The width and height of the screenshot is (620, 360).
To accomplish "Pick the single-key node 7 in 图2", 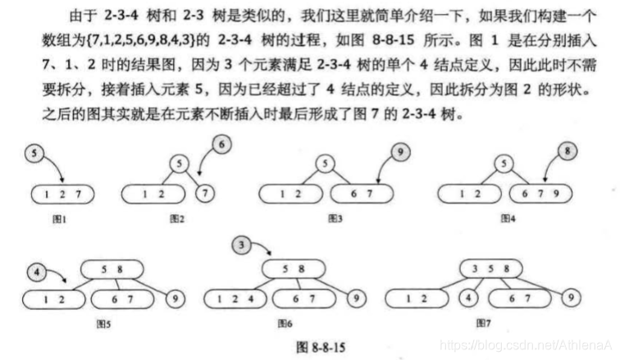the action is (x=208, y=194).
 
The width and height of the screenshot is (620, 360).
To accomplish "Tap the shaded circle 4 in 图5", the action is (x=34, y=270).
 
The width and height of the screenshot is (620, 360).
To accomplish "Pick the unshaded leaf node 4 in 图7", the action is (x=467, y=298).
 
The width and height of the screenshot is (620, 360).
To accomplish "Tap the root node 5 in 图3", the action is (x=326, y=164).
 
